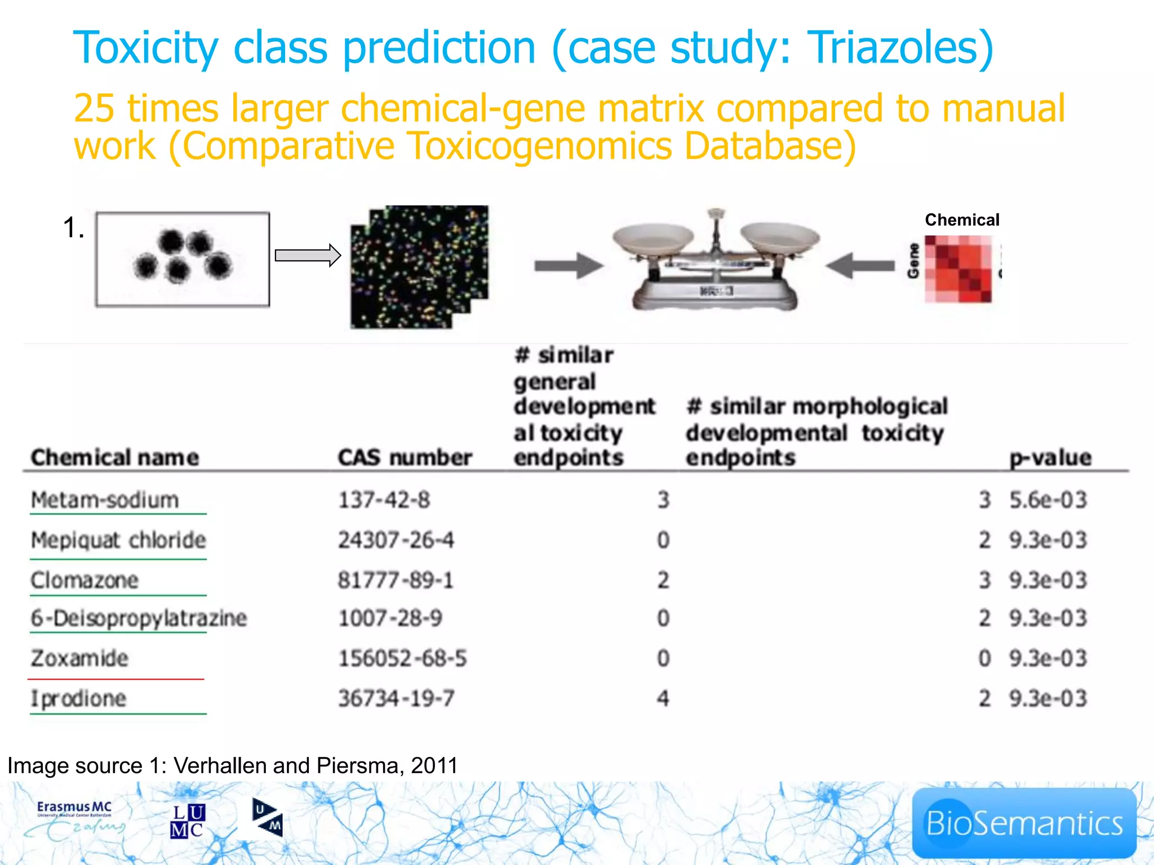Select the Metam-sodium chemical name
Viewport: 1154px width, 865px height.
(x=105, y=500)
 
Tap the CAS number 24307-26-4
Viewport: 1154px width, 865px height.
(x=396, y=540)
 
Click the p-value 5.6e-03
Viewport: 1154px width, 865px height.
(x=1048, y=500)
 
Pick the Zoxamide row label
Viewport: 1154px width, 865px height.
(x=79, y=658)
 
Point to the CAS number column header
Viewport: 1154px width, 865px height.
(x=405, y=457)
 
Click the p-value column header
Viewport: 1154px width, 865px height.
(x=1050, y=457)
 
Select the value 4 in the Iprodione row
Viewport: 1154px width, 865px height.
(x=663, y=699)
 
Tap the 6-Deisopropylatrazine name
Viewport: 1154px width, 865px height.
(x=139, y=618)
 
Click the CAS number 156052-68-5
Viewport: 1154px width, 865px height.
(x=402, y=658)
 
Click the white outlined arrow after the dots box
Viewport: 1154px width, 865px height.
(x=308, y=256)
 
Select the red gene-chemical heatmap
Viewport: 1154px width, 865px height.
(x=958, y=269)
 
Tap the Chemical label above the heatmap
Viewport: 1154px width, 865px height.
(x=962, y=220)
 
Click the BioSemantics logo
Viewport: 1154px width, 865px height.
(x=1024, y=823)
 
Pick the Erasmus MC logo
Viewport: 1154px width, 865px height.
(x=74, y=820)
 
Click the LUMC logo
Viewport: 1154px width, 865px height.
(x=188, y=821)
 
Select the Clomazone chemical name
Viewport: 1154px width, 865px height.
(x=85, y=580)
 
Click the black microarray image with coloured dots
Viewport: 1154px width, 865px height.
(x=419, y=267)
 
